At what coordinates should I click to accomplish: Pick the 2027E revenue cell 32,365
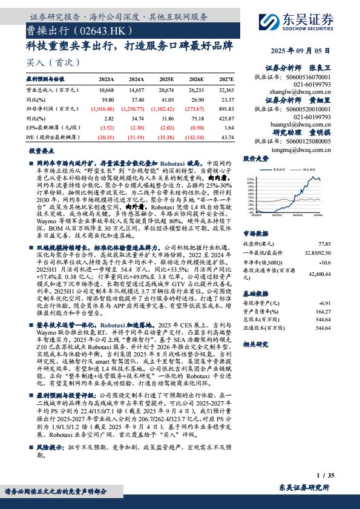pos(223,90)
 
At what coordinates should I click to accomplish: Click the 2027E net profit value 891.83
pos(224,109)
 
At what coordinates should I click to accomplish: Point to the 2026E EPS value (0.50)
pos(196,128)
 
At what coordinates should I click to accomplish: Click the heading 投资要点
pos(41,152)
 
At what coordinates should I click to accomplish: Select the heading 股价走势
pos(255,159)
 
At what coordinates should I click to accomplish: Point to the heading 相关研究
pos(255,344)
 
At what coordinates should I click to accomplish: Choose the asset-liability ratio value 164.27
pos(324,311)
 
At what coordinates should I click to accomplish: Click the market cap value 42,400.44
pos(319,274)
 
